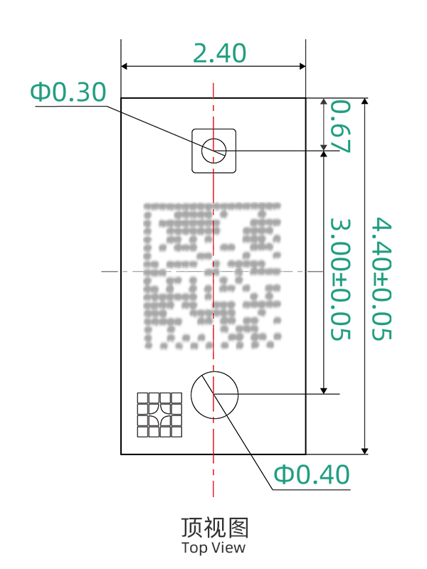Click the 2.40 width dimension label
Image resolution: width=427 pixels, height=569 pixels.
click(219, 53)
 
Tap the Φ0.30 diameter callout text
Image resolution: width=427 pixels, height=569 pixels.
click(68, 92)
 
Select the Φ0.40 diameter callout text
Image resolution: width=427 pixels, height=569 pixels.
click(312, 474)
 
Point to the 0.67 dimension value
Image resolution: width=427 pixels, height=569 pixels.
click(341, 127)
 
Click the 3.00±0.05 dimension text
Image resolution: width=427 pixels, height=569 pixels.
click(341, 279)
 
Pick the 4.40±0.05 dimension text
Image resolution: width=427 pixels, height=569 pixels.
click(381, 278)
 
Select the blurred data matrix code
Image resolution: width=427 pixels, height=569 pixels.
click(212, 275)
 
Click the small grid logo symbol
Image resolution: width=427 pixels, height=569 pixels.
click(159, 415)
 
